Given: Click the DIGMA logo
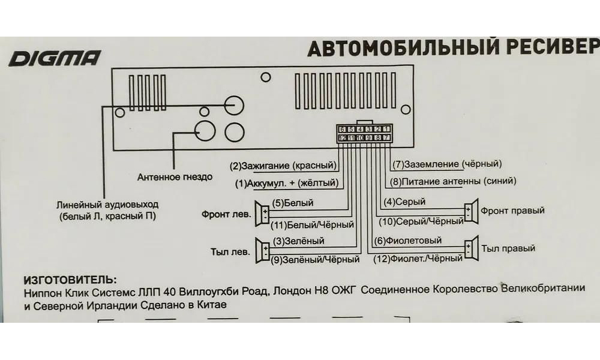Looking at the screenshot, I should coord(55,59).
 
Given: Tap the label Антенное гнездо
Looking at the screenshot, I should coord(175,177).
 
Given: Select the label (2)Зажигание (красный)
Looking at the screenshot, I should coord(283,164).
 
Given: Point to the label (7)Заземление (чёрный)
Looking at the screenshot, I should coord(447,164).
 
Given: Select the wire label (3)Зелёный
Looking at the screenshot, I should coord(298,241).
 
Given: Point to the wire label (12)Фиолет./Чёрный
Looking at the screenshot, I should coord(418,259).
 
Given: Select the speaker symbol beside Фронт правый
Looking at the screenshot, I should coord(470,212).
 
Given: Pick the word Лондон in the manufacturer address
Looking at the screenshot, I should coord(292,292).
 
